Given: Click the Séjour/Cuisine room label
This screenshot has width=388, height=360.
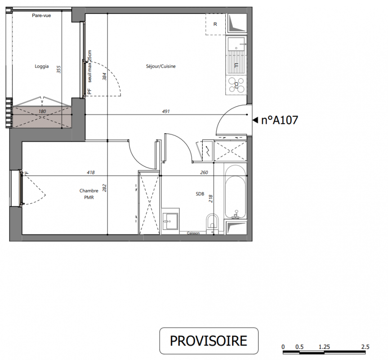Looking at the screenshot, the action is [161, 66].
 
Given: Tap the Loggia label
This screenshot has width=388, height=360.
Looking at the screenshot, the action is [41, 66].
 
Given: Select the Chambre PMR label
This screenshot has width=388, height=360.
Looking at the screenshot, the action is [89, 194].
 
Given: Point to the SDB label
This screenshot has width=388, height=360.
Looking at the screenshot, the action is [200, 194].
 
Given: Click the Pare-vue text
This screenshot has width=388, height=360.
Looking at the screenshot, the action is [41, 15].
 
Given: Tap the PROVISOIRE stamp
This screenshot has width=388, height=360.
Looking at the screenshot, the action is [209, 341].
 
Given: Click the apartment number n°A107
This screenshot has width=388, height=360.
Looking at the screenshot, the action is [280, 120].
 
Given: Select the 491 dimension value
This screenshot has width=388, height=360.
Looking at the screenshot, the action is [166, 112].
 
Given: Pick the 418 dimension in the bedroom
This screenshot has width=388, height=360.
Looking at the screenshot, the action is [91, 172].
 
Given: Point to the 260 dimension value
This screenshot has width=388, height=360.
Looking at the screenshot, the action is [204, 172].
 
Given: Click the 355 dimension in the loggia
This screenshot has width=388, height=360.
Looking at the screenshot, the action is [58, 69].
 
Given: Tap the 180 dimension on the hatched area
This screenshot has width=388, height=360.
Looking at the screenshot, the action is [42, 112].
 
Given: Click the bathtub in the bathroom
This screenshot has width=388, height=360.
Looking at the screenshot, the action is [235, 191].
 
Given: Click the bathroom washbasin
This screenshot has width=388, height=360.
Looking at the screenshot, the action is [170, 221].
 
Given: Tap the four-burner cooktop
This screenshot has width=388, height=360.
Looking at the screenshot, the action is [236, 85].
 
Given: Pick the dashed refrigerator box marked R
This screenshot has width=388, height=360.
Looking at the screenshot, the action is [215, 24].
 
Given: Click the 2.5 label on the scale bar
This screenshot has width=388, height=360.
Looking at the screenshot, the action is [365, 347].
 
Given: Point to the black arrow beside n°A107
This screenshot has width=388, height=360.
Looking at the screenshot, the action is [255, 120].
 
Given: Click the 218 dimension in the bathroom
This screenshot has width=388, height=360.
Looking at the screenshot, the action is [210, 198].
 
